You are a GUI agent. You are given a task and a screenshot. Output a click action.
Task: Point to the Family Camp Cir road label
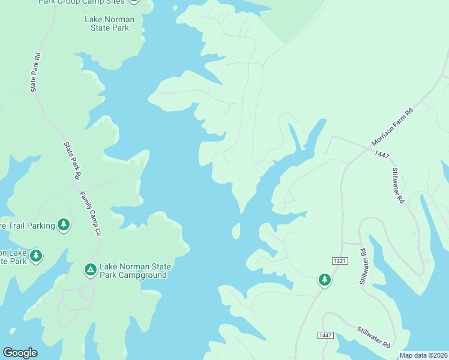click(90, 214)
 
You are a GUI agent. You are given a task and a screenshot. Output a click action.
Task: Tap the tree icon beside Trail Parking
click(64, 225)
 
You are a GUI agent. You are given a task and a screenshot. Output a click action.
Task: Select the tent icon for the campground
click(91, 270)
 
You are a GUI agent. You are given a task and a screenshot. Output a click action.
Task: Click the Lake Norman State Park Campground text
click(135, 271)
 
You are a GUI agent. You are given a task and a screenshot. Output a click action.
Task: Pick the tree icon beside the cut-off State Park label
click(36, 256)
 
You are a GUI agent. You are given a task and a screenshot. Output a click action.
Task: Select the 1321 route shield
click(340, 260)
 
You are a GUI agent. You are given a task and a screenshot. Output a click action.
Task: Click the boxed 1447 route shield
click(325, 335)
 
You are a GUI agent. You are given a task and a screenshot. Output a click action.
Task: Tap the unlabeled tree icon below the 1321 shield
click(325, 280)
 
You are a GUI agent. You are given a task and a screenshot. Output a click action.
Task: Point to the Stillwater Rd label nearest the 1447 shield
click(373, 338)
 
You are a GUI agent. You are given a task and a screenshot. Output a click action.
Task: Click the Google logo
click(20, 353)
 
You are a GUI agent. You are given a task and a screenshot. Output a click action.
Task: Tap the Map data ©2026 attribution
click(423, 355)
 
